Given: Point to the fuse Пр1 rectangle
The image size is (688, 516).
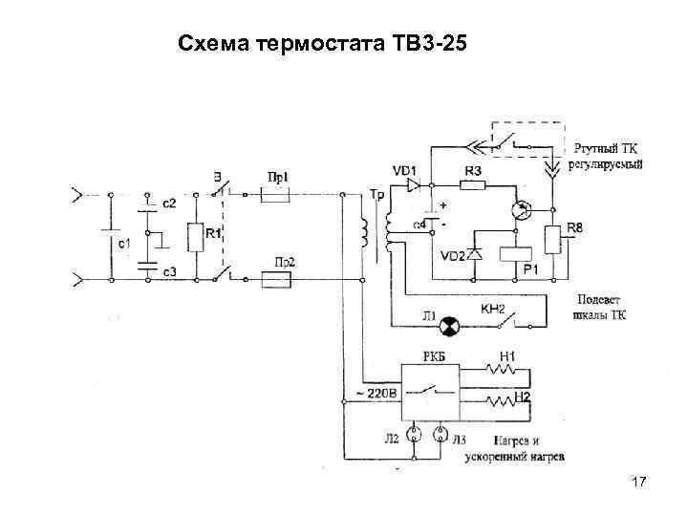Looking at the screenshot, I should pos(277,192).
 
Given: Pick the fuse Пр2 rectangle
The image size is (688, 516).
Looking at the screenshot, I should pos(282,280).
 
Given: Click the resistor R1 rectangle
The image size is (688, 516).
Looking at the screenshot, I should pos(197,237).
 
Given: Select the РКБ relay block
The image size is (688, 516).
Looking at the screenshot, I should pos(431,390).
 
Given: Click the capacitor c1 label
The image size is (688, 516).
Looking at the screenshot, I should pos(124,245).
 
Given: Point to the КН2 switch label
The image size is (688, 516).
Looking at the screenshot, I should pos(492,310).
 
